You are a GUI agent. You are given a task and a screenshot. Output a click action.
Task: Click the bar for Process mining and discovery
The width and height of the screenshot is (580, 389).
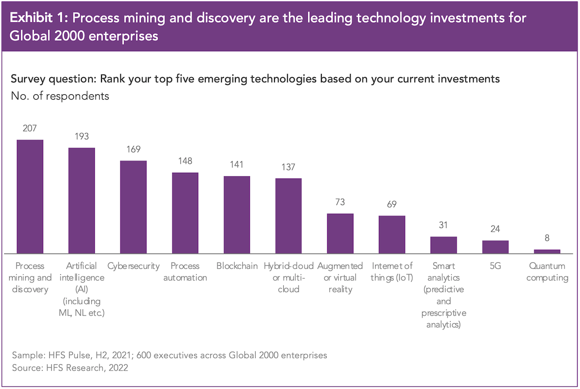[30, 196]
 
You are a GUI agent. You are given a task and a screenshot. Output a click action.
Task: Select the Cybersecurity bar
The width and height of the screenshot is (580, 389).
[133, 207]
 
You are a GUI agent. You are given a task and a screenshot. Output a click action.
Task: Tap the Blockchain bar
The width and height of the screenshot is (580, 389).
[237, 214]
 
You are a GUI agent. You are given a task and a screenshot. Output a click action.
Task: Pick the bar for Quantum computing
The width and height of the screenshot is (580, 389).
[547, 251]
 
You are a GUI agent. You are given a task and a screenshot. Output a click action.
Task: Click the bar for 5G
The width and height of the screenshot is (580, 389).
[495, 247]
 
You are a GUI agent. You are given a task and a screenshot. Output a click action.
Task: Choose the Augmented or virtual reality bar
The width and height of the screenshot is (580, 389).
[340, 233]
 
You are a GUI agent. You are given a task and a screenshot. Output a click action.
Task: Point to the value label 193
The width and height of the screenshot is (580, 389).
[82, 136]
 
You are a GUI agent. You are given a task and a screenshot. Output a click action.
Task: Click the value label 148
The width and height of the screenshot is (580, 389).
[185, 161]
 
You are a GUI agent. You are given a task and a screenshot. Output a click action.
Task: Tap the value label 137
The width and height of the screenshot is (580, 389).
[289, 167]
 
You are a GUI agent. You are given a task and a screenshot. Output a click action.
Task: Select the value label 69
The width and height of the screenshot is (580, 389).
[392, 204]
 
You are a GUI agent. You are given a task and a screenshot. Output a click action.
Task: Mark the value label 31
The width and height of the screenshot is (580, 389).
[444, 225]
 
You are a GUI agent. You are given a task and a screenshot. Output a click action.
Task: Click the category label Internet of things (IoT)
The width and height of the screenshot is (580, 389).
[392, 271]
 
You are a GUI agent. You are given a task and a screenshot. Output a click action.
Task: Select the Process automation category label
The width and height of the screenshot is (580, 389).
[185, 271]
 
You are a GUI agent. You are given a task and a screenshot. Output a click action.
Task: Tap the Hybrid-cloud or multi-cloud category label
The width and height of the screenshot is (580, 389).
[289, 277]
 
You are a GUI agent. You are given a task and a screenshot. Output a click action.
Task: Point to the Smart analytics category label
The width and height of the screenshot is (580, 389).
[444, 295]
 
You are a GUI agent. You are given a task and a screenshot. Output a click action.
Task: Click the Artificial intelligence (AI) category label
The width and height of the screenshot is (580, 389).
[82, 289]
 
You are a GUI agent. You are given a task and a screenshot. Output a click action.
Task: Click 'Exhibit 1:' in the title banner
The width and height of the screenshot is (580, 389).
[40, 18]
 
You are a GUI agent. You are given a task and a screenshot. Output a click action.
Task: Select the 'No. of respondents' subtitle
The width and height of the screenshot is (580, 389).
[60, 96]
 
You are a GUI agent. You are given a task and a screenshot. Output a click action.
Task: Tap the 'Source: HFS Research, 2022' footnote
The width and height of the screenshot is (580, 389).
[70, 368]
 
